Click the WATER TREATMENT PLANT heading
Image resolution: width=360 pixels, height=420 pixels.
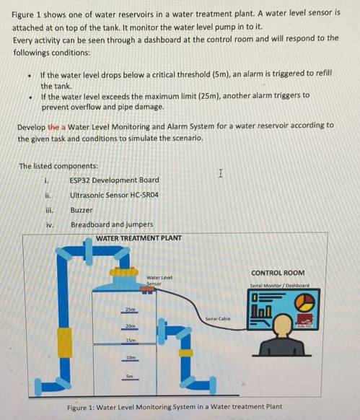tap(139, 238)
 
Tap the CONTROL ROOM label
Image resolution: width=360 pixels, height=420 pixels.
tap(278, 273)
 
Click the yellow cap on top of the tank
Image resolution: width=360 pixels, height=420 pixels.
tap(123, 274)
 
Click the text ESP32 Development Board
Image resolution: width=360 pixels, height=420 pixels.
tap(114, 180)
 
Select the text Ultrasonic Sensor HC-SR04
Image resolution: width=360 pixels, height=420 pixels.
tap(114, 195)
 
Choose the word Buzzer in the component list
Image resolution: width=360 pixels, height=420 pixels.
tap(82, 210)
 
